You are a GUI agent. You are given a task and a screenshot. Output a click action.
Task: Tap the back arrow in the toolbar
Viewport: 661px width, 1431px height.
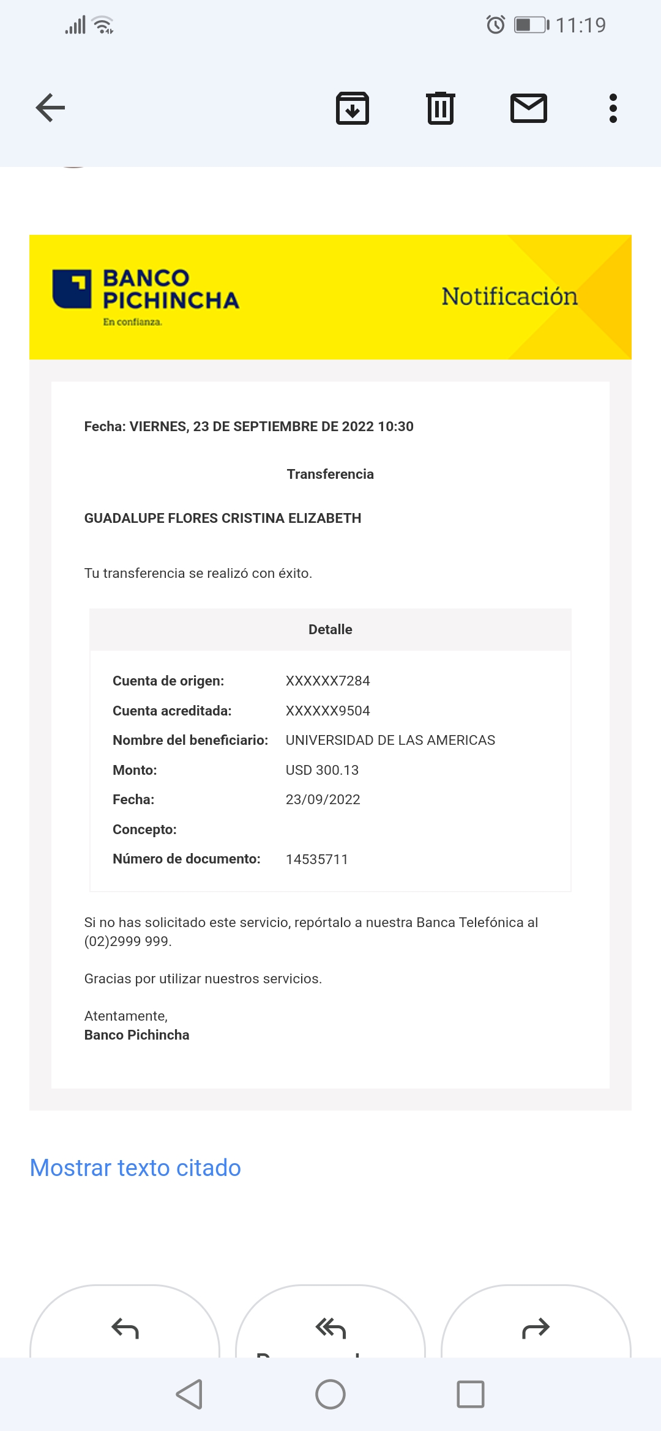tap(51, 108)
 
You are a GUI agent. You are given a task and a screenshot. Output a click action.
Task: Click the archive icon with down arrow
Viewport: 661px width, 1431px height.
tap(353, 109)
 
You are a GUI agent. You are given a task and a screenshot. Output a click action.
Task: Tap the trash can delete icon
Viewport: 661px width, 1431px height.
tap(440, 108)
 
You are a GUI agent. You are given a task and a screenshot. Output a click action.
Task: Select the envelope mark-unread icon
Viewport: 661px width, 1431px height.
tap(528, 108)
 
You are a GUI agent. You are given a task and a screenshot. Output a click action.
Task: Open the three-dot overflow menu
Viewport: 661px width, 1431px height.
tap(613, 108)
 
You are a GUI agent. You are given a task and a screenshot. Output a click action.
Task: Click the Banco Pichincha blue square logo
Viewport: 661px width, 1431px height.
tap(72, 289)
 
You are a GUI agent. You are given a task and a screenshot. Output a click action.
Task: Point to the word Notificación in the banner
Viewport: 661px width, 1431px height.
tap(509, 297)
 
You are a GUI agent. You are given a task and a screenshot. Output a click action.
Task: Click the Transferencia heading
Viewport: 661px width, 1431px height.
tap(330, 474)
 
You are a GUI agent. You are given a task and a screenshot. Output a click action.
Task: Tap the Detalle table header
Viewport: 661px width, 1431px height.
tap(330, 629)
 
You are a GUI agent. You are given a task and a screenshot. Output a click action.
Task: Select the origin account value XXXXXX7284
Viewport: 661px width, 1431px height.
tap(327, 681)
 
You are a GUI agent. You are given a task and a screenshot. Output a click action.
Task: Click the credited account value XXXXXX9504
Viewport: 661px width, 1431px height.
tap(327, 711)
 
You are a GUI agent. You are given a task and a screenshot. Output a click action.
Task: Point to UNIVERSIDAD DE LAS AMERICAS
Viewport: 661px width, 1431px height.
tap(390, 740)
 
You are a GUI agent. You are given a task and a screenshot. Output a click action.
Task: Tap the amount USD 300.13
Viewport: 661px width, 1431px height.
tap(322, 770)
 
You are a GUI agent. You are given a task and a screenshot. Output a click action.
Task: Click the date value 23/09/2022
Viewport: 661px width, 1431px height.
tap(323, 799)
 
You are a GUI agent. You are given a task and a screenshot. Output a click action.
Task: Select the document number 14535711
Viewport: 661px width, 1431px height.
tap(316, 859)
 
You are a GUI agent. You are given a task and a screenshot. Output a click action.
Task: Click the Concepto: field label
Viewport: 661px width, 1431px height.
tap(144, 829)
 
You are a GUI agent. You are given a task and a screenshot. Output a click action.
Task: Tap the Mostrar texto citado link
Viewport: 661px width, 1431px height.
tap(135, 1168)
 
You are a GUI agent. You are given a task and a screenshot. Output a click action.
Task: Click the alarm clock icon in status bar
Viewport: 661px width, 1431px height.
tap(495, 25)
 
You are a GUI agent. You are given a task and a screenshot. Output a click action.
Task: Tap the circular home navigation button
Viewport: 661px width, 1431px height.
tap(330, 1394)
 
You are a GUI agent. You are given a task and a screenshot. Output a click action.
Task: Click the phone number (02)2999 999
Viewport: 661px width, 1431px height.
tap(127, 941)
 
